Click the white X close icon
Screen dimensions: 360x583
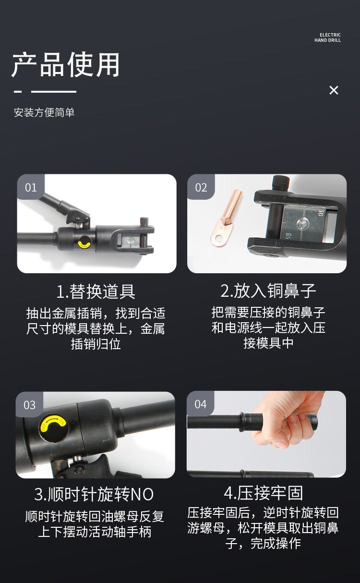point(334,90)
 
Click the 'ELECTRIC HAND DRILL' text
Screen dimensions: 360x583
point(327,37)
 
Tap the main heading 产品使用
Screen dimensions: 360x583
point(66,64)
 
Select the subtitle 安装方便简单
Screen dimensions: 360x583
point(44,112)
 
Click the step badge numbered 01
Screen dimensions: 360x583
point(31,187)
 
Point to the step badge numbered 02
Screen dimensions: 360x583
point(201,187)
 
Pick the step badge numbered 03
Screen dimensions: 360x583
point(29,405)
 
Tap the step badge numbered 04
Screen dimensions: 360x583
point(200,404)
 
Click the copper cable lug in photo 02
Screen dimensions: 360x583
point(226,218)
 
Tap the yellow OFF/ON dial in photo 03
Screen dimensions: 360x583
point(54,426)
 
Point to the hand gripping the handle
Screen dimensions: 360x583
point(286,420)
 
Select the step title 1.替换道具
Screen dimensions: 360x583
point(96,291)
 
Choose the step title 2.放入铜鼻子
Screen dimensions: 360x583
point(268,291)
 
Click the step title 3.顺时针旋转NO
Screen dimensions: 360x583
point(94,494)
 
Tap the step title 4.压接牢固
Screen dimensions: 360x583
point(264,493)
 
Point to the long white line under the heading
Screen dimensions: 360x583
point(54,92)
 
